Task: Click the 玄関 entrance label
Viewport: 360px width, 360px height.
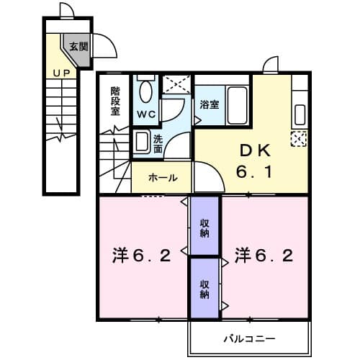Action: (78, 47)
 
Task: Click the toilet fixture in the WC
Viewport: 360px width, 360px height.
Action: (146, 92)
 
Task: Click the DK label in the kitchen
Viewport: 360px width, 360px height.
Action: (255, 151)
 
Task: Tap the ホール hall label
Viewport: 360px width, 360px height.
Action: (162, 177)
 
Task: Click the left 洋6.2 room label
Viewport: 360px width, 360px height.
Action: (141, 256)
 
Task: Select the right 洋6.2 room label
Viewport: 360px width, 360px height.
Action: (263, 256)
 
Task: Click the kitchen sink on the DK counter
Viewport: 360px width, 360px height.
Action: (300, 112)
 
